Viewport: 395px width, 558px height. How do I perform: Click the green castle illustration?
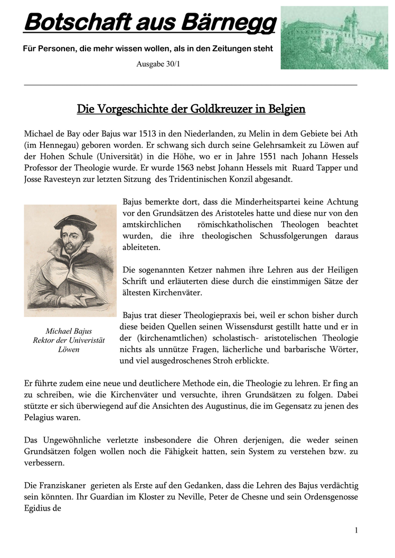[x=334, y=37]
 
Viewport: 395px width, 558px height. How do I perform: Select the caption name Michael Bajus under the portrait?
[x=69, y=331]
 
